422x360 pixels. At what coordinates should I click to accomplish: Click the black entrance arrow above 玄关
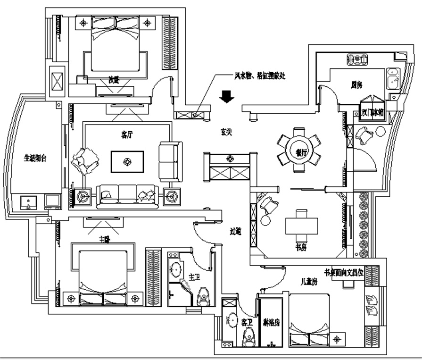(x=228, y=96)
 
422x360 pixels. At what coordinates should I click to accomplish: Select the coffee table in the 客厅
(x=127, y=162)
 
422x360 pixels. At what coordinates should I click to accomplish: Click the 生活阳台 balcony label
(x=35, y=159)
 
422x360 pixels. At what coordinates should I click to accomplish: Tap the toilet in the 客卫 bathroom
(x=248, y=336)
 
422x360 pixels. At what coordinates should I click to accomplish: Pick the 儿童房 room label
(x=309, y=282)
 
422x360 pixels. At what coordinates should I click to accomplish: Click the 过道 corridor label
(x=235, y=231)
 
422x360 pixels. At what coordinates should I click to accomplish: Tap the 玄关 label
(x=226, y=134)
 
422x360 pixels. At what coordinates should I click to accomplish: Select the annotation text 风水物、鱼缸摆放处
(x=260, y=75)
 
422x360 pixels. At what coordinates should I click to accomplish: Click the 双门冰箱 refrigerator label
(x=373, y=113)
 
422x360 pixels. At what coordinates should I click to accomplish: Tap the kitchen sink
(x=392, y=79)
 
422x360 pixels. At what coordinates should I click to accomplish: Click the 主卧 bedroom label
(x=105, y=239)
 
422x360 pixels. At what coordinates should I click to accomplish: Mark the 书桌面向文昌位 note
(x=343, y=273)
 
